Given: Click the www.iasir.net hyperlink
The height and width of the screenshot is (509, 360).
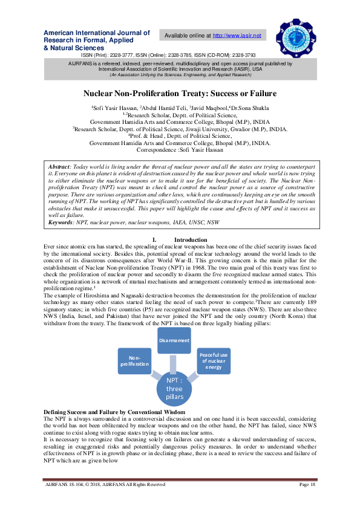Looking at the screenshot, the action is point(241,36).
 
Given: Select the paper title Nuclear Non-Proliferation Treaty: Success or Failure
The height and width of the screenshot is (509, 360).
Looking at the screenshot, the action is point(180,94).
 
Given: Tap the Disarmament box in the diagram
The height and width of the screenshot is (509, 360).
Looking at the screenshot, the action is point(174,341).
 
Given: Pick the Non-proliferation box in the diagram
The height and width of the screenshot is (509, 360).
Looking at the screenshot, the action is point(134,361).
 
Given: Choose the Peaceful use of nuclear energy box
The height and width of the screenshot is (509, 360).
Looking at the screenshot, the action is point(214,362).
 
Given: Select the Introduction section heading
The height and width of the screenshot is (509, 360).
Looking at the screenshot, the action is point(186,240).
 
